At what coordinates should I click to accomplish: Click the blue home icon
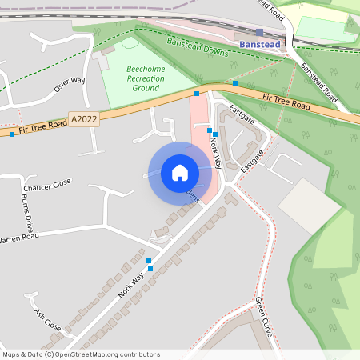180,173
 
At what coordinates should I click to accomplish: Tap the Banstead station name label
260,45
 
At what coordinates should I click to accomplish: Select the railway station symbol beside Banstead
259,33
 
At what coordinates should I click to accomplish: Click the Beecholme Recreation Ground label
150,78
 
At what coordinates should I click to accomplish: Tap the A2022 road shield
83,119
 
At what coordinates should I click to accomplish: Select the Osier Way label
70,82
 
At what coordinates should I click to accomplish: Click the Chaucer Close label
47,185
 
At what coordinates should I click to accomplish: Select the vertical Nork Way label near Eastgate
214,147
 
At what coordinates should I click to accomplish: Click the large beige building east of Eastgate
309,206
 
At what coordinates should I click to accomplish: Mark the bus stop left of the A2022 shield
12,134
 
